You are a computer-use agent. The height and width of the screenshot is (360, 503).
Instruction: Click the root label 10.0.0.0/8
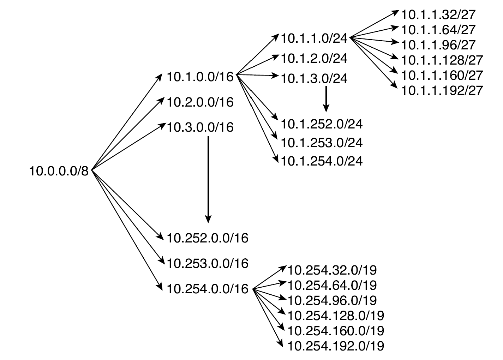(x=59, y=172)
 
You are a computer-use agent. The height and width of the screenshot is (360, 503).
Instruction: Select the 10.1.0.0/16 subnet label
(x=200, y=77)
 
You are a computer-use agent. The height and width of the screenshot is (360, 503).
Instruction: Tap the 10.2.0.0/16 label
(x=200, y=102)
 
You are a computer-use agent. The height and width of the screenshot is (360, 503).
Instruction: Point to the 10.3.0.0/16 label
(x=200, y=127)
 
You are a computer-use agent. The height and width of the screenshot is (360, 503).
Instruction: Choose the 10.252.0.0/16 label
(x=207, y=238)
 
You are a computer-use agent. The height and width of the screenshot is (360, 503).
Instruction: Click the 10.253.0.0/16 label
(x=207, y=263)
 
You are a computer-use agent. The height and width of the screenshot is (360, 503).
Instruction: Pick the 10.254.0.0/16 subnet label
(x=207, y=289)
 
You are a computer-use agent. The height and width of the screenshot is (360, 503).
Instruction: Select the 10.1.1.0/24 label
(x=314, y=38)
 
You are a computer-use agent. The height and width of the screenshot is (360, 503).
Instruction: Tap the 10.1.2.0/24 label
(x=314, y=58)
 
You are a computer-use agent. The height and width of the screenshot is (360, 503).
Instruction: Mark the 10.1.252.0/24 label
(x=322, y=124)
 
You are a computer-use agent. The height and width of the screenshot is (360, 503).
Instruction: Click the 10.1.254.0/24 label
(x=322, y=161)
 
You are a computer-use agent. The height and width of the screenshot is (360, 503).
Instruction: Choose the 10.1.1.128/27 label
(x=442, y=60)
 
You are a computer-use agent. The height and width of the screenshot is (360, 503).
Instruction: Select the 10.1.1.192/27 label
(x=442, y=90)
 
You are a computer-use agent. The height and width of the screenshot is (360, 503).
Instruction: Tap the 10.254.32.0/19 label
(x=332, y=270)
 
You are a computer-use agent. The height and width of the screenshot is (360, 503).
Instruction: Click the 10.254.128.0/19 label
(x=336, y=315)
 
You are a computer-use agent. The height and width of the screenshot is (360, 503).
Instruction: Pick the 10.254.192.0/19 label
(x=336, y=346)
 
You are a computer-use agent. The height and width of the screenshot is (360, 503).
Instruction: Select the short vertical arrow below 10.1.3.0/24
(x=326, y=98)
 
